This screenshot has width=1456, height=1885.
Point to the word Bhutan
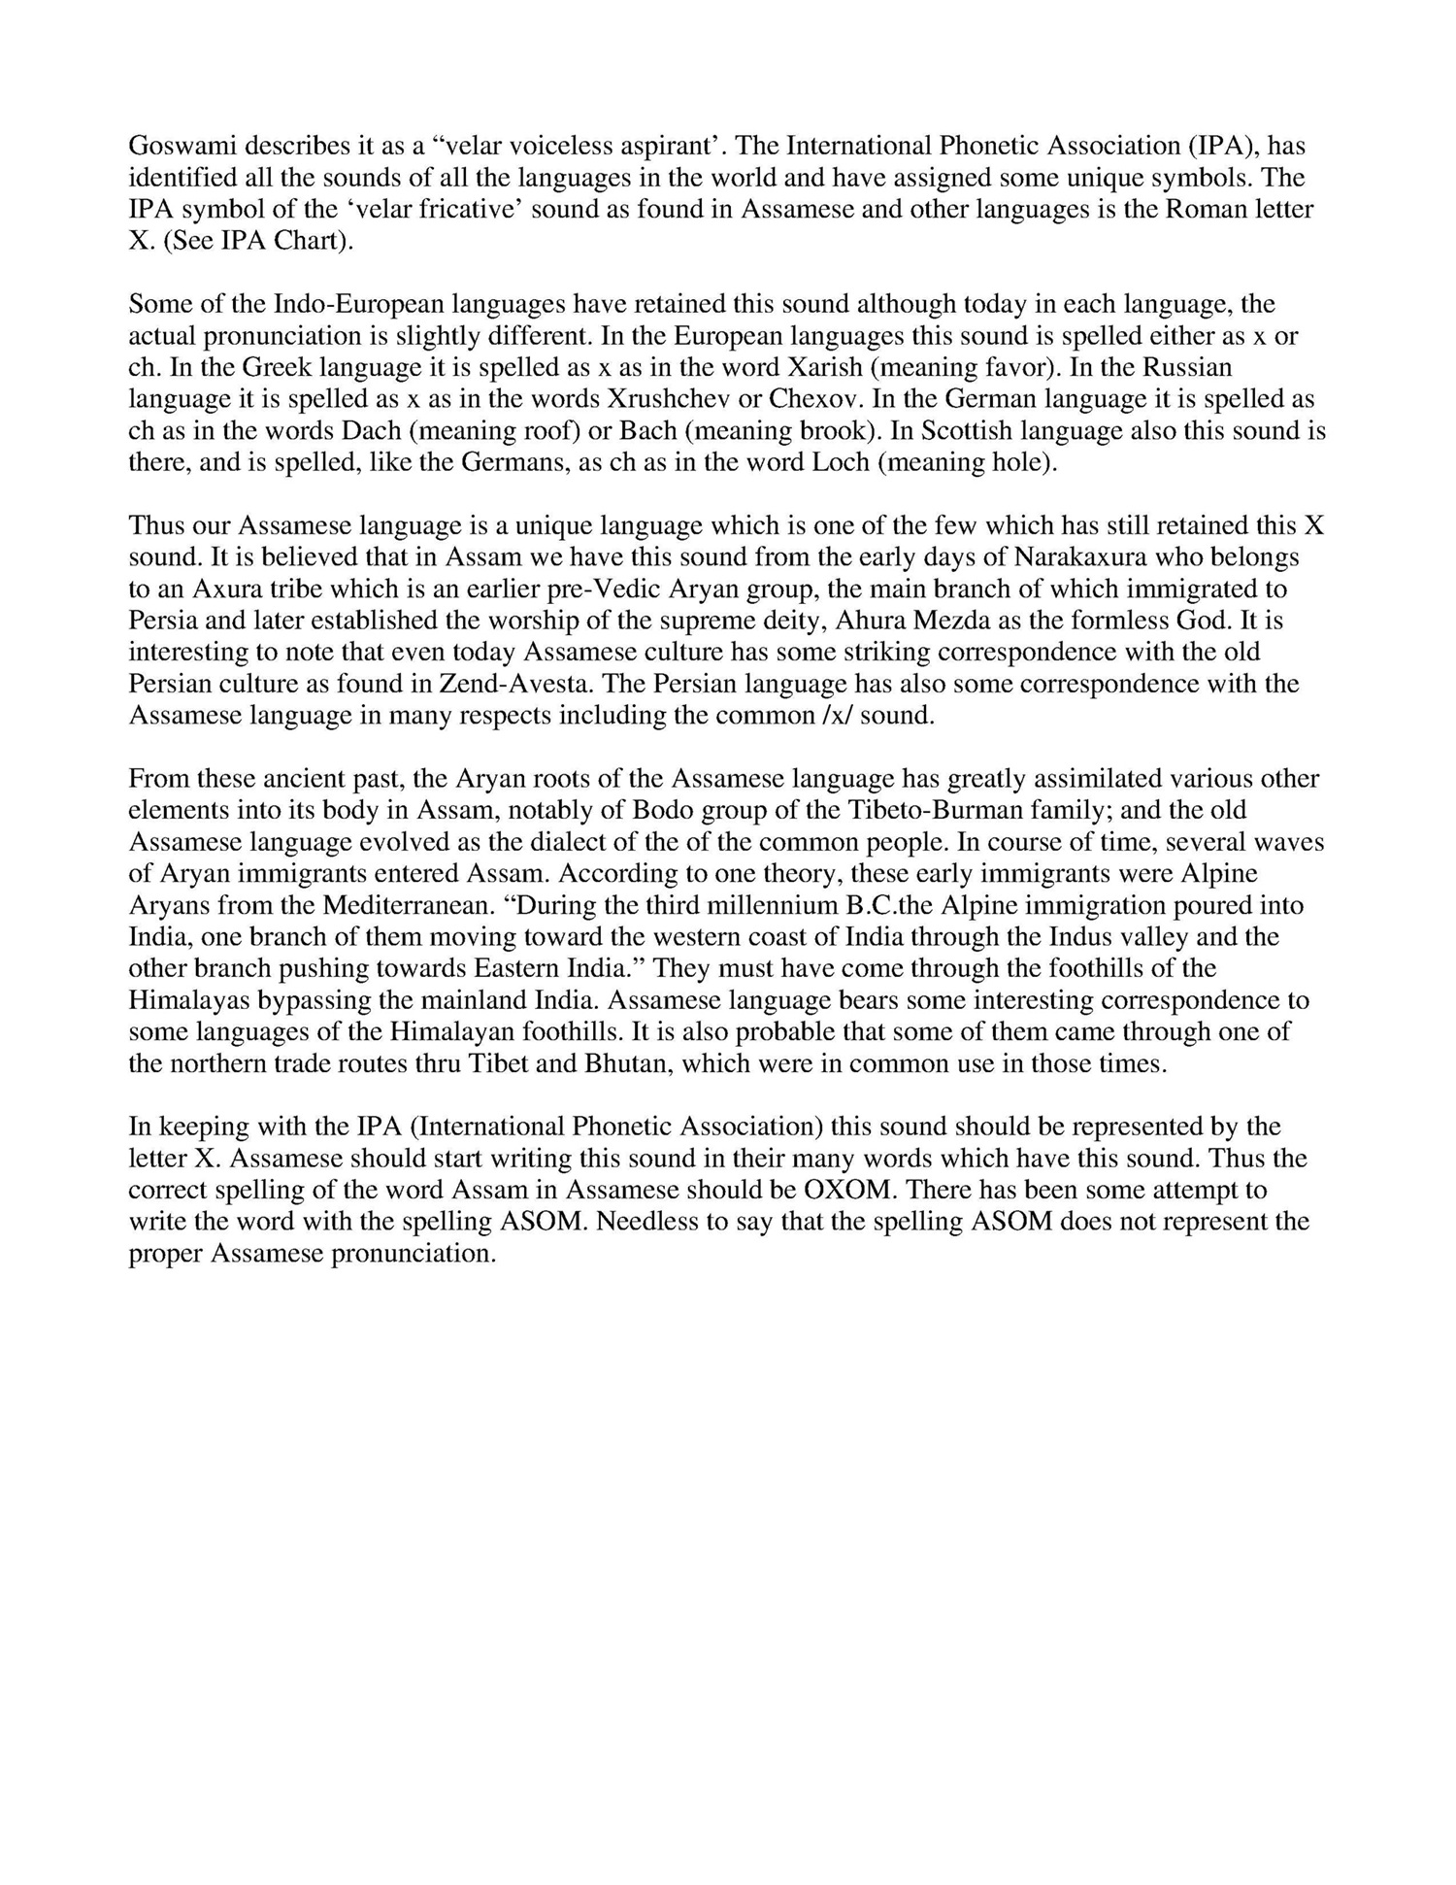pos(626,1063)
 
